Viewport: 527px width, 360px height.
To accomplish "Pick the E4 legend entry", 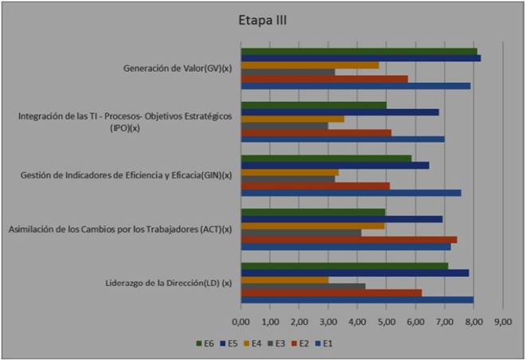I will pos(253,343).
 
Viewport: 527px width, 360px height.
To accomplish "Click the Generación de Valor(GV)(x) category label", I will pos(177,68).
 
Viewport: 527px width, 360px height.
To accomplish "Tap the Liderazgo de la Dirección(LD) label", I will pos(168,283).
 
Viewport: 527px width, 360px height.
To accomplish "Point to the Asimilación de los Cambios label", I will pos(119,229).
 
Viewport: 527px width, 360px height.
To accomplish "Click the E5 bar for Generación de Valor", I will pos(361,58).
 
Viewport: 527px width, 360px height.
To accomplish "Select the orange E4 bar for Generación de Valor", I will pos(310,65).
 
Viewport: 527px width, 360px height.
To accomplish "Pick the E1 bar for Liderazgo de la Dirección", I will pos(357,300).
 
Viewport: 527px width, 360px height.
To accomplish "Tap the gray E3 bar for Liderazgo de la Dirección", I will pos(303,286).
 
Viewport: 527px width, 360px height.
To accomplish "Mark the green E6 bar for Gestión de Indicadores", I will pos(326,158).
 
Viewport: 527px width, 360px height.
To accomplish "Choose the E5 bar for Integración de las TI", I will pos(340,112).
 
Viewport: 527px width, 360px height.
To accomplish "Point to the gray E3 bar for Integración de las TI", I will pos(284,125).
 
